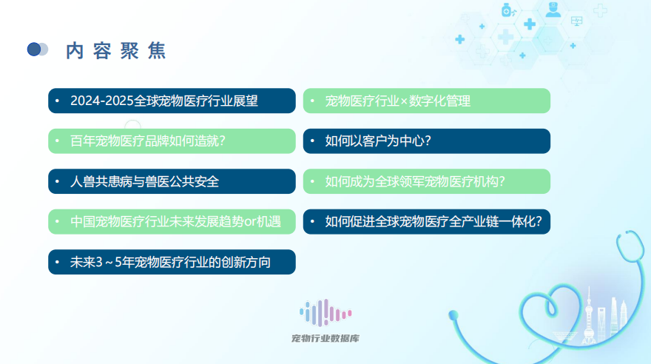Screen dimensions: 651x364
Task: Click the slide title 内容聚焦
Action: pyautogui.click(x=116, y=51)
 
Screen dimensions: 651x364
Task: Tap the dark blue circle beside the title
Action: pyautogui.click(x=33, y=50)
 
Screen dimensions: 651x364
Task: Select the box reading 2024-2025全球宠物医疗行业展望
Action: pyautogui.click(x=172, y=101)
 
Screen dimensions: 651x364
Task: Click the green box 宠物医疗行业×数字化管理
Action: pyautogui.click(x=427, y=101)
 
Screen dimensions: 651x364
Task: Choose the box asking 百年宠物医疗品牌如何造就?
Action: pyautogui.click(x=172, y=141)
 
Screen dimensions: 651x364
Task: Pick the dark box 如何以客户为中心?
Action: pyautogui.click(x=427, y=141)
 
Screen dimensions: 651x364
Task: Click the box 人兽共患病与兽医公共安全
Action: pyautogui.click(x=172, y=181)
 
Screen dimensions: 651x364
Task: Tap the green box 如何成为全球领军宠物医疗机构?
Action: pyautogui.click(x=427, y=181)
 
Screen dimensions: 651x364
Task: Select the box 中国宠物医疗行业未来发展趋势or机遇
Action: pyautogui.click(x=172, y=222)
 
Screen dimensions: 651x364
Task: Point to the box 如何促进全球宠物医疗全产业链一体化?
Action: pyautogui.click(x=427, y=222)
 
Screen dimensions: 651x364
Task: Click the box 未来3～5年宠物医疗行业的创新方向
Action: pyautogui.click(x=172, y=262)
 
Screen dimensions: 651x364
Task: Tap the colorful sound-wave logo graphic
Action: pyautogui.click(x=325, y=313)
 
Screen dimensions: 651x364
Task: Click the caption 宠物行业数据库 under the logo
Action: pyautogui.click(x=325, y=338)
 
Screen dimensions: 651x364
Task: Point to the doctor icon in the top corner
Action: pyautogui.click(x=553, y=10)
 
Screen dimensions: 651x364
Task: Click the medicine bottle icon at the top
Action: pyautogui.click(x=507, y=10)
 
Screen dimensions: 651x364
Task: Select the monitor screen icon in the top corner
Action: pyautogui.click(x=577, y=21)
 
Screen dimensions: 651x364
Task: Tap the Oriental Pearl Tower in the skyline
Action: pyautogui.click(x=589, y=315)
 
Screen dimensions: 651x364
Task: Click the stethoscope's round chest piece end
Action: pyautogui.click(x=453, y=315)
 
